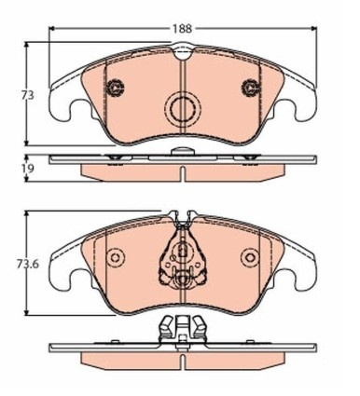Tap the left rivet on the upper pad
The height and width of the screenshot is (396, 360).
(117, 89)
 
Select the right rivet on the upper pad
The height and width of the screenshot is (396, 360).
(250, 89)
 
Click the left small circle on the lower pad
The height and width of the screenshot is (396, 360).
(117, 258)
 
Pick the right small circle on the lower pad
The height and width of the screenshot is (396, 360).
(248, 258)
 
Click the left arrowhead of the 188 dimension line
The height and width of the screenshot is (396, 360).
(52, 29)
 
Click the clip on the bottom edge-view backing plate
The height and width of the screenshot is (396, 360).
(183, 331)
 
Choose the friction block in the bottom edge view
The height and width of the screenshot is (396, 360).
(183, 360)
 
